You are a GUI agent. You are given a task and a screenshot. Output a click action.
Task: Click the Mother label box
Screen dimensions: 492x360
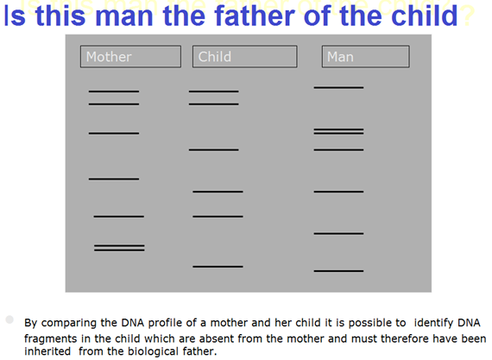[130, 56]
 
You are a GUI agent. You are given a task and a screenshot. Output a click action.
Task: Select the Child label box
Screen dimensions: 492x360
[245, 56]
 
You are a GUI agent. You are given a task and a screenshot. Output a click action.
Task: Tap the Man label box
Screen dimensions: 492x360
[366, 56]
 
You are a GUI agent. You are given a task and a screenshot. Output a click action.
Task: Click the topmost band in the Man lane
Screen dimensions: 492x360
[338, 87]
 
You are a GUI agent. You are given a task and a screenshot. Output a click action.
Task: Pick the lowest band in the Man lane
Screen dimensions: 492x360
[338, 271]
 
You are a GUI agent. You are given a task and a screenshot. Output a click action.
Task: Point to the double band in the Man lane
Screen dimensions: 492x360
[338, 131]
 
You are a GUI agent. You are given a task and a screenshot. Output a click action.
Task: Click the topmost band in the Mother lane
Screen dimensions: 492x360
[114, 92]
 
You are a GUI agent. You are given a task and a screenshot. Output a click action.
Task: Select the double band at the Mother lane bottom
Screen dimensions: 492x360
[119, 248]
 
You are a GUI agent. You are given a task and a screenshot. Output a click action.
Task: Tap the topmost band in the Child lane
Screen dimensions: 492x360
[214, 92]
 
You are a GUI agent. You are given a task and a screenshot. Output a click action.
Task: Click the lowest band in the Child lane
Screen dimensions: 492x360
[218, 267]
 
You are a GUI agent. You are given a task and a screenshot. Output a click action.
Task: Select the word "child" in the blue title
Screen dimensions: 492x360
[425, 16]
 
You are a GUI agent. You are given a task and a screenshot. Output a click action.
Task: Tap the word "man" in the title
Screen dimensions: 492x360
[126, 16]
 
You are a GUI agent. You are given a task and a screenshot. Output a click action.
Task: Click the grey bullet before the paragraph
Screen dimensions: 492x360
[9, 319]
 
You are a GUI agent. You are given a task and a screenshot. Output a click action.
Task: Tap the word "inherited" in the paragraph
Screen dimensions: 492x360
[47, 351]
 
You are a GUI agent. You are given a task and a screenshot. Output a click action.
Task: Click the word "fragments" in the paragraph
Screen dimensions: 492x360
[51, 339]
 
